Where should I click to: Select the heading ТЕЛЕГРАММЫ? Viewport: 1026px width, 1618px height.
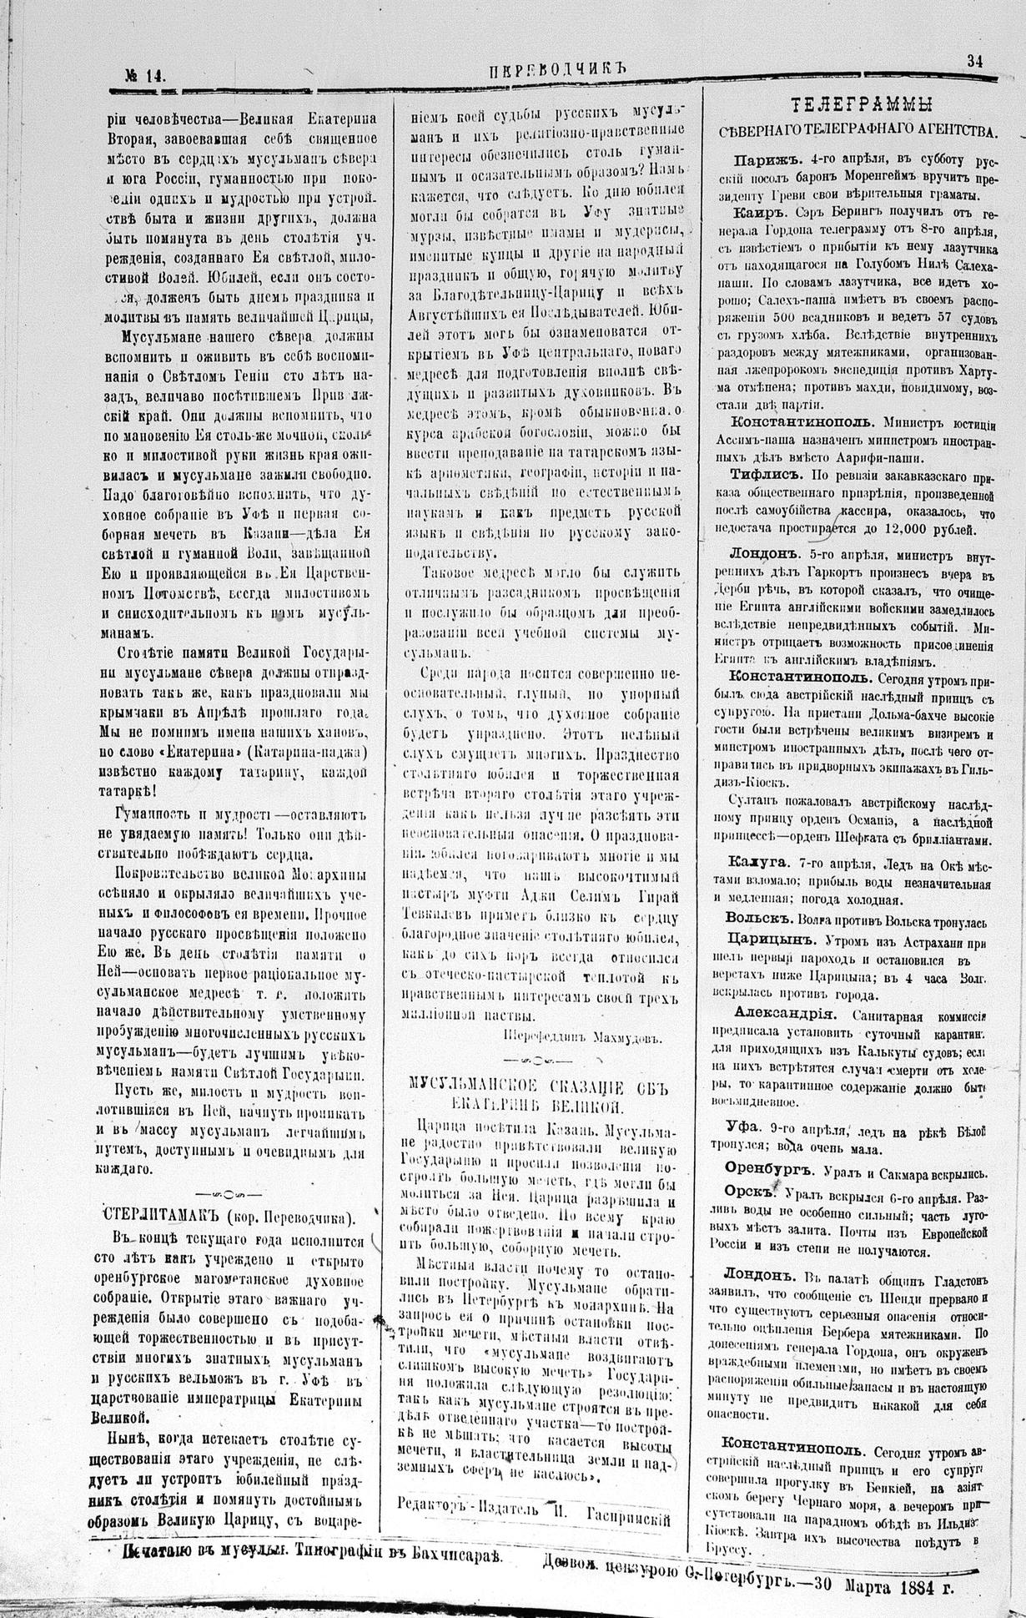(862, 104)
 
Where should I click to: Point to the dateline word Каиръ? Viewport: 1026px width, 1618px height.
(755, 212)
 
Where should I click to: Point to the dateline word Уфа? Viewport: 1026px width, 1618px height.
(742, 1124)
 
